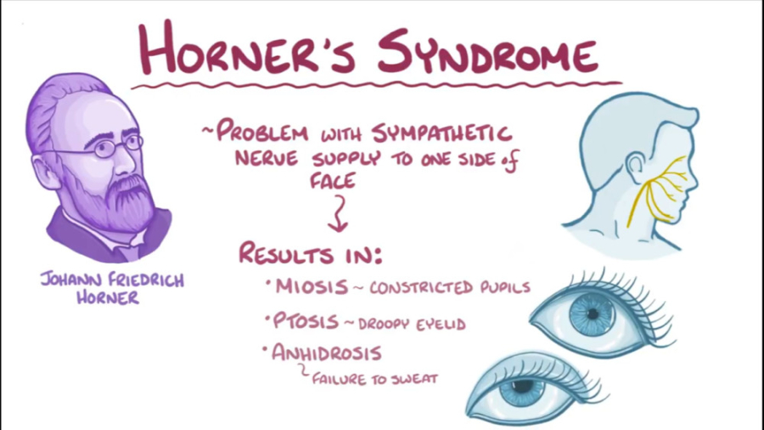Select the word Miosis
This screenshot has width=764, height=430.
click(311, 286)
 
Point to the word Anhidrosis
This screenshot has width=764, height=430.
click(326, 352)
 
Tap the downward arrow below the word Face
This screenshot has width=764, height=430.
click(338, 212)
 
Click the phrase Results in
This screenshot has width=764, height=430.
click(310, 253)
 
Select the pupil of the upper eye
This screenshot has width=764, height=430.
click(595, 313)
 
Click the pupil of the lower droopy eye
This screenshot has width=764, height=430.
click(520, 388)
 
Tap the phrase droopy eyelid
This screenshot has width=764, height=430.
click(412, 324)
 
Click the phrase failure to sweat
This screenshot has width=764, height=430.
click(374, 377)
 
